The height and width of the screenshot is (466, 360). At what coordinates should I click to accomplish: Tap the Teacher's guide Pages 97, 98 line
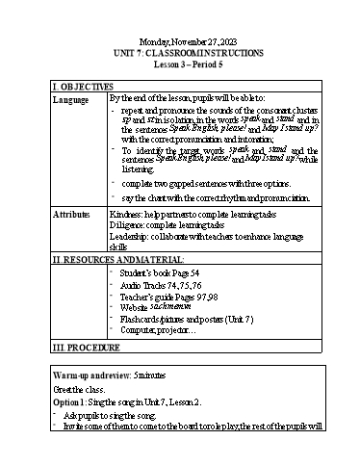(x=170, y=298)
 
